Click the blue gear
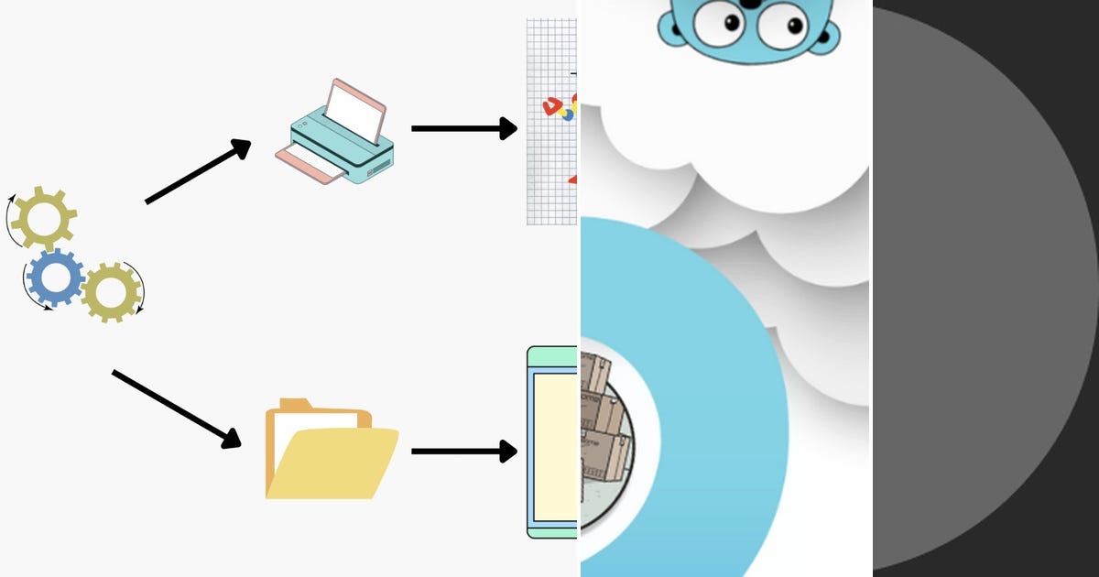(x=55, y=277)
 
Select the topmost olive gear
(x=43, y=217)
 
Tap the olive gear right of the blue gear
(x=110, y=292)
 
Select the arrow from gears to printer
(x=197, y=171)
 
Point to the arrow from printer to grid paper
(x=463, y=128)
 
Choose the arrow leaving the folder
(x=463, y=451)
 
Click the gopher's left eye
(x=721, y=23)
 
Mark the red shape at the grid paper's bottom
(x=572, y=180)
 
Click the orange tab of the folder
(x=295, y=405)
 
